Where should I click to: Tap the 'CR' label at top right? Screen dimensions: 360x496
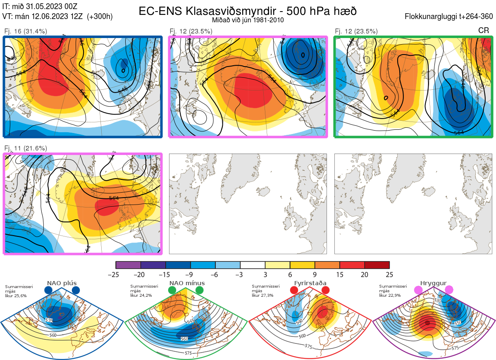483,31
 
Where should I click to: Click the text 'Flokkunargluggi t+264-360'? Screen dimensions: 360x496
450,17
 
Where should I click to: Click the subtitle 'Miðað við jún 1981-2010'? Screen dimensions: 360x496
248,20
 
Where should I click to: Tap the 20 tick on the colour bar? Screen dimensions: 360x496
365,274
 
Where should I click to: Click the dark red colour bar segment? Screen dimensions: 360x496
377,265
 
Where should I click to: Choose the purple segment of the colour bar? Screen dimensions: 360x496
128,265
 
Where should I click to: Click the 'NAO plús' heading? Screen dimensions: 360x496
62,283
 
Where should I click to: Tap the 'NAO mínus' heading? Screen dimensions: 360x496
187,283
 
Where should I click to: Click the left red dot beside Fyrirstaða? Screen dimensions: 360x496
294,290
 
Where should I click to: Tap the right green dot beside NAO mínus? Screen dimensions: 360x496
200,290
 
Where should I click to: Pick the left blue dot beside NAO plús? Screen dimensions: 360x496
48,290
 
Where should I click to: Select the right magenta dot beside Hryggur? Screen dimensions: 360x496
449,290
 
